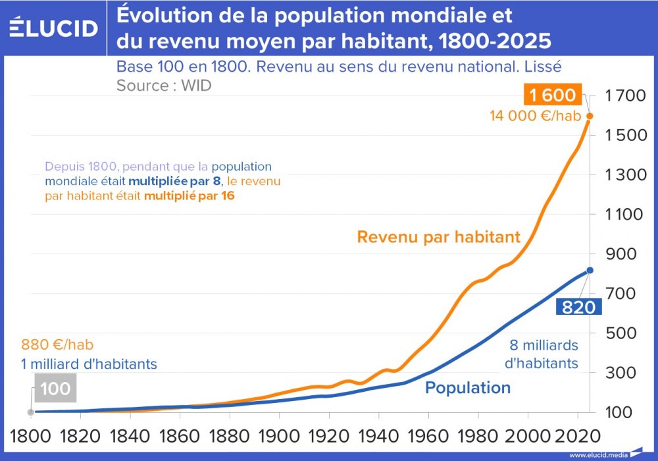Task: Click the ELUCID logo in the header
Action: [x=54, y=27]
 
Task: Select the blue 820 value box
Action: [x=578, y=307]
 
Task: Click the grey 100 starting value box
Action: [x=55, y=389]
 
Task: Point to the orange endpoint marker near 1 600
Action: [x=590, y=116]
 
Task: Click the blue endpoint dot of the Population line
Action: [x=590, y=270]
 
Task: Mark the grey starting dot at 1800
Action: [x=30, y=412]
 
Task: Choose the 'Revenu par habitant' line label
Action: [x=438, y=236]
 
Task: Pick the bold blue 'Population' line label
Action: [x=468, y=387]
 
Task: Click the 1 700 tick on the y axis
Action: [x=622, y=96]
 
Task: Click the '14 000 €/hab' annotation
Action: [x=536, y=116]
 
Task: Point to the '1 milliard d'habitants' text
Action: [x=89, y=363]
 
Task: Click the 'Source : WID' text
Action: [x=164, y=85]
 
